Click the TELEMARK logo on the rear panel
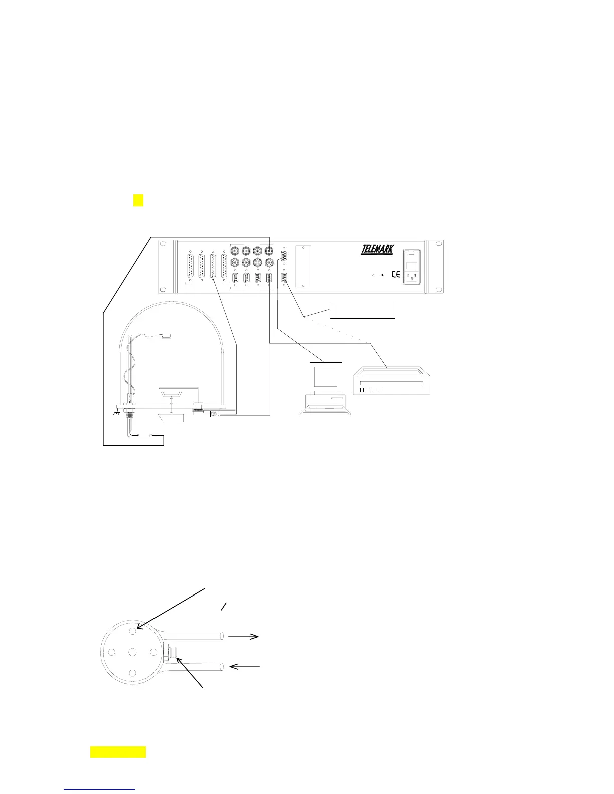tap(377, 250)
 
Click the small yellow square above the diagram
tap(138, 200)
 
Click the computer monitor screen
tap(326, 376)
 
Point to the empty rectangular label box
tap(362, 310)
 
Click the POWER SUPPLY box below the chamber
tap(215, 414)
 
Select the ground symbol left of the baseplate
tap(117, 412)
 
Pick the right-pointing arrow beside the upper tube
tap(244, 636)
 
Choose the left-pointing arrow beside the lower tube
tap(245, 666)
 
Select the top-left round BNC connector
tap(235, 250)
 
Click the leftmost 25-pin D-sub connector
tap(190, 266)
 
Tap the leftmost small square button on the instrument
tap(362, 390)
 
